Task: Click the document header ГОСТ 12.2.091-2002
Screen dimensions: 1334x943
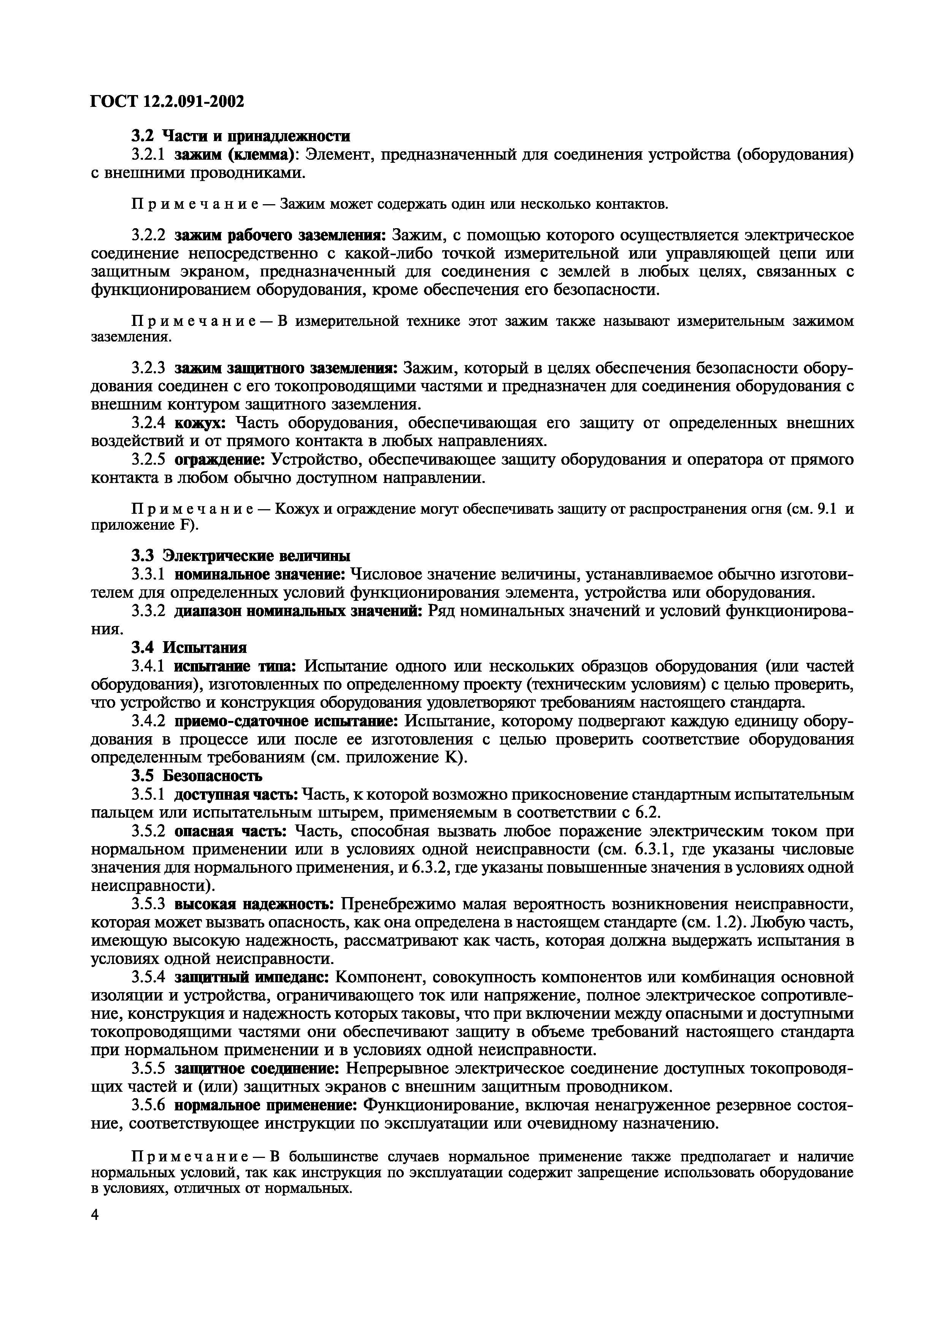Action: click(x=167, y=102)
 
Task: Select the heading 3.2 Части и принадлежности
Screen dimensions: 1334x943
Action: click(x=240, y=137)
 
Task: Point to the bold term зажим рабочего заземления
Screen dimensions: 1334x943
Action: click(x=280, y=235)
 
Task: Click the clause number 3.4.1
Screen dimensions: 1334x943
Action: click(x=149, y=666)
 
